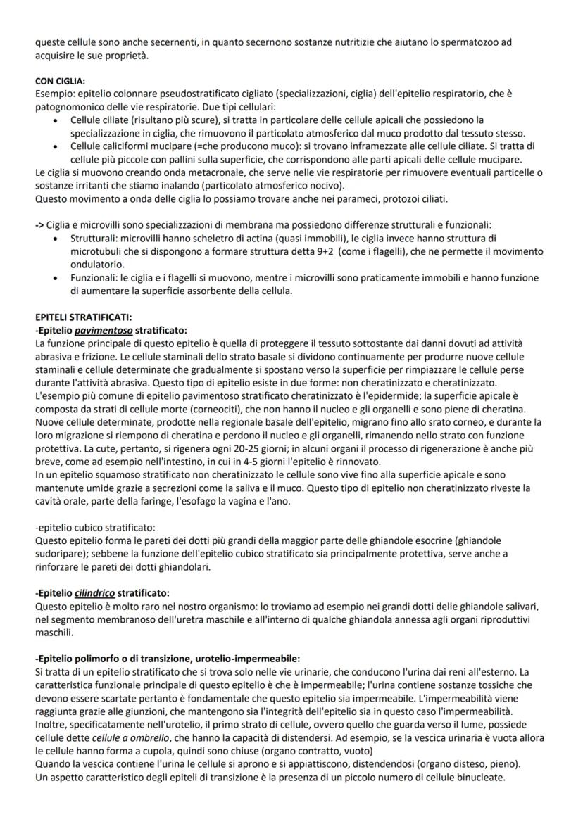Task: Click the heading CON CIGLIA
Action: [x=60, y=81]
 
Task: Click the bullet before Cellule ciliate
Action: [x=56, y=121]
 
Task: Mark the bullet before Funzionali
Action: [x=56, y=278]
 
